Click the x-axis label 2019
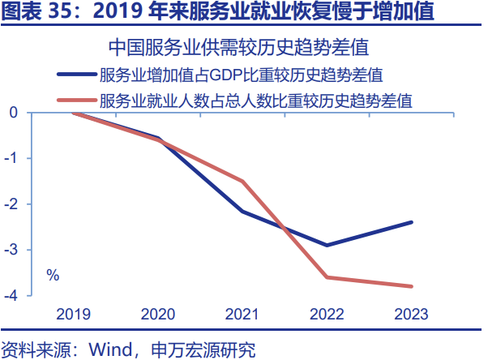74,314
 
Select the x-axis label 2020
158,314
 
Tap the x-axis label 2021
242,314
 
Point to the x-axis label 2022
327,314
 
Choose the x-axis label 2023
411,314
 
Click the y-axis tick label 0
14,112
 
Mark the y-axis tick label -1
11,158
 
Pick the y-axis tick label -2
11,204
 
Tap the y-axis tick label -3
11,250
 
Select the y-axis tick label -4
11,295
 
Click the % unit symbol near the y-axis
53,275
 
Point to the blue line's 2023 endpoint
411,222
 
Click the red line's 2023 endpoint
411,286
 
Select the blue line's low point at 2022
327,245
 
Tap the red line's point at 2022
327,277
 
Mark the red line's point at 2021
242,181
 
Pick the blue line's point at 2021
242,211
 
